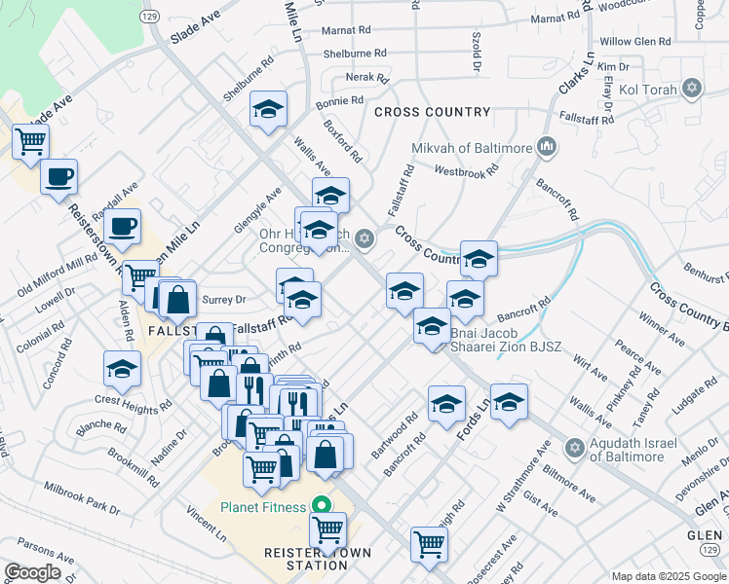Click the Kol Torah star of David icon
(x=693, y=89)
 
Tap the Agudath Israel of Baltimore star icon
(x=575, y=448)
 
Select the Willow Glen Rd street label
(x=635, y=42)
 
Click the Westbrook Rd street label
(x=466, y=169)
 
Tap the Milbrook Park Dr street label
(x=82, y=496)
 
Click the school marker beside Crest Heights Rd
(x=122, y=368)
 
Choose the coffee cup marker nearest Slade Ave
(x=58, y=176)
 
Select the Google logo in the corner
(x=32, y=572)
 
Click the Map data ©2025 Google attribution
(x=668, y=576)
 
